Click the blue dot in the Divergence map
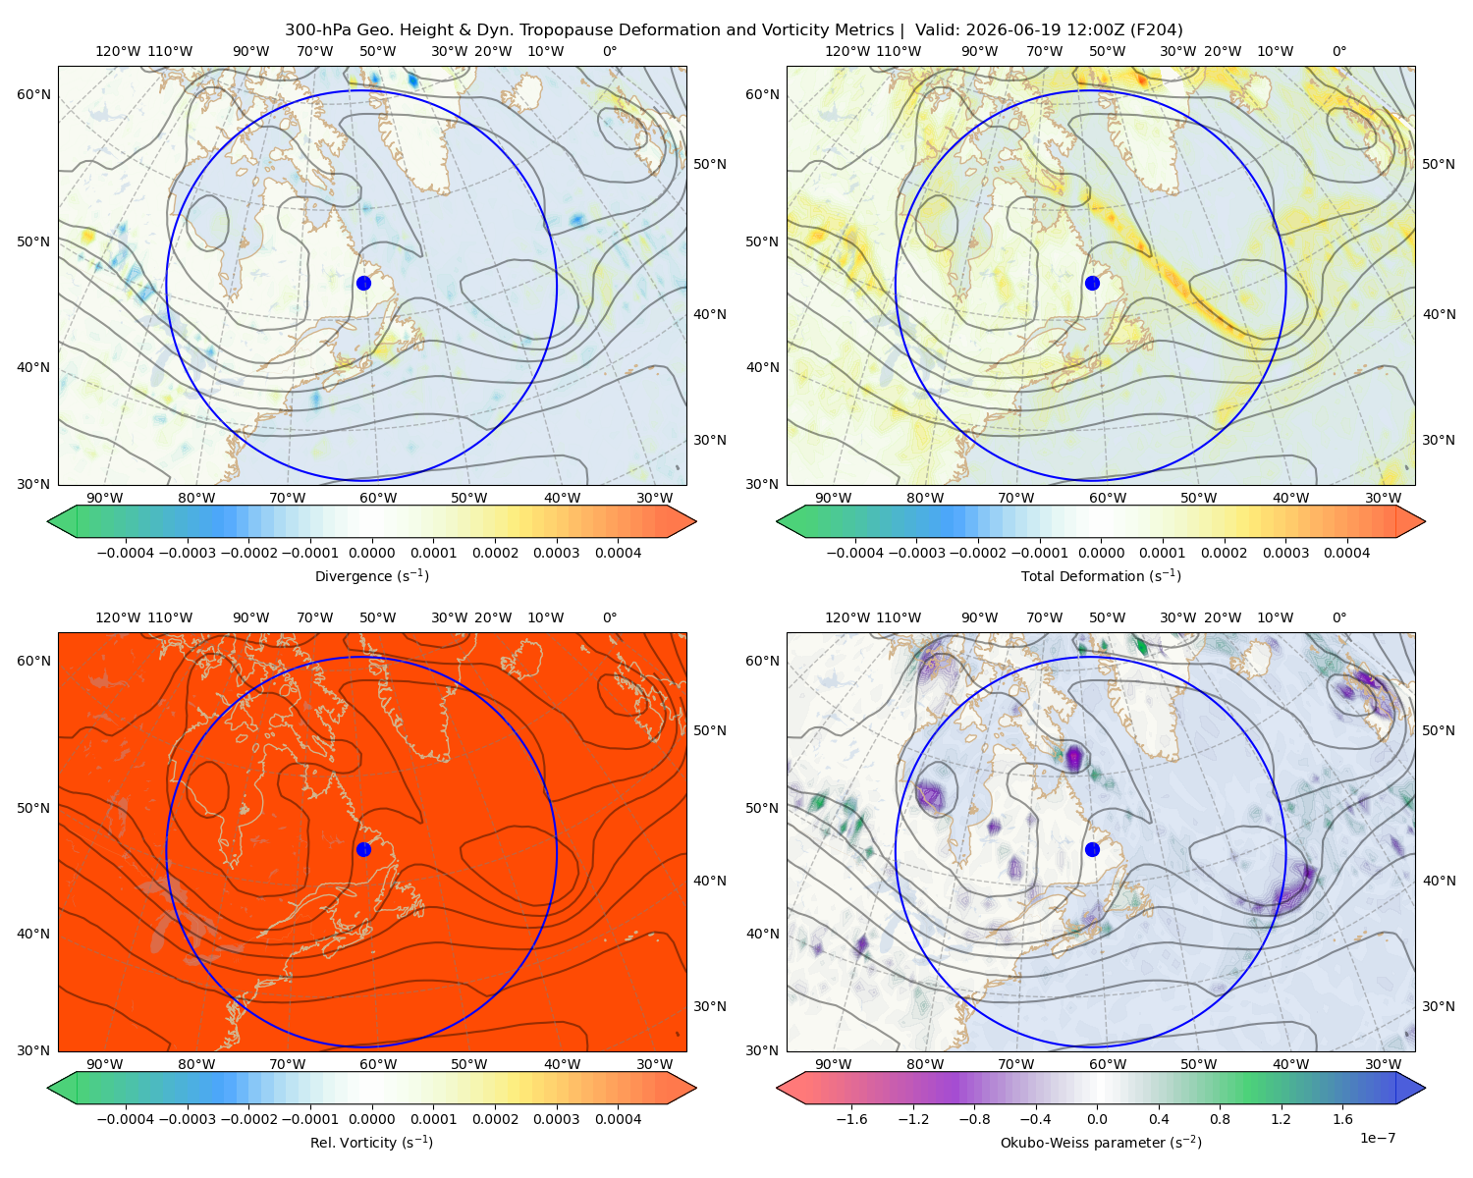coord(363,283)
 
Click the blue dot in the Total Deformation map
coord(1092,283)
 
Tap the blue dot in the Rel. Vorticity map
coord(363,849)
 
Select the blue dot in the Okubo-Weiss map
coord(1092,849)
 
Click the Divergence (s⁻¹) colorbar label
coord(371,575)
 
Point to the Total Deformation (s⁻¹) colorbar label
coord(1101,575)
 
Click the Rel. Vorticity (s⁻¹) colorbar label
coord(371,1142)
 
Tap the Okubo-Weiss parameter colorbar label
coord(1101,1142)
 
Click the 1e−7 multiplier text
coord(1377,1138)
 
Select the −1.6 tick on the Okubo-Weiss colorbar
coord(851,1118)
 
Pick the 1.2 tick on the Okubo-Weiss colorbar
coord(1281,1118)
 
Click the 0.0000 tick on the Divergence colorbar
coord(371,553)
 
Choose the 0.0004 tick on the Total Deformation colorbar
coord(1346,553)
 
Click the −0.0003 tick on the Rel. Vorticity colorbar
coord(187,1118)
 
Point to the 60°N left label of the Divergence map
coord(33,94)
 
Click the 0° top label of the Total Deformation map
coord(1338,51)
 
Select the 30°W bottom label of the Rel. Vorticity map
coord(654,1064)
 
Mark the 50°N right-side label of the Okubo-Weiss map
coord(1438,730)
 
